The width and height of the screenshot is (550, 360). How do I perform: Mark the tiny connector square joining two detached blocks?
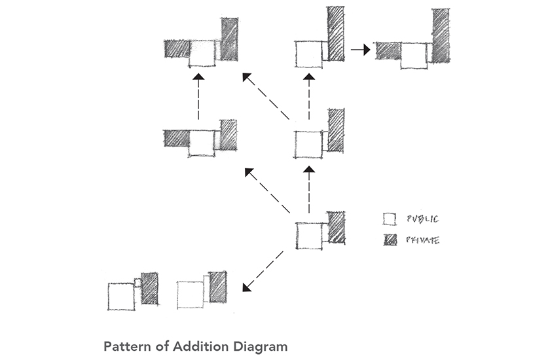point(137,282)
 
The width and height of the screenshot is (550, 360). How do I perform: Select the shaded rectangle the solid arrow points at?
point(388,50)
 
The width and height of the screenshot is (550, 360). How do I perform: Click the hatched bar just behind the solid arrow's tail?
point(335,34)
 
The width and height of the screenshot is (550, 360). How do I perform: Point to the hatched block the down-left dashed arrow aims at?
point(217,287)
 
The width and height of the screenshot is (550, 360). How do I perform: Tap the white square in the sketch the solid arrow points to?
point(414,55)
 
